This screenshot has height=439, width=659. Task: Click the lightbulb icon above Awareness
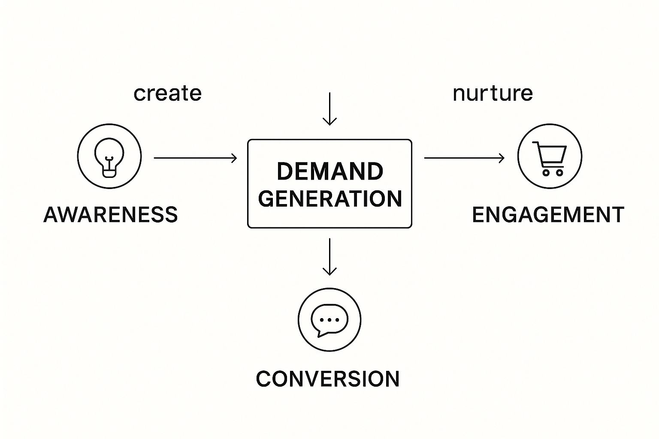pos(109,156)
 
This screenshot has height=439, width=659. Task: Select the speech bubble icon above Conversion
pos(329,320)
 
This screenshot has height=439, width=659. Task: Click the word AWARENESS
pos(111,214)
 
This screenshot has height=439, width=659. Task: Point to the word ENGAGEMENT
pos(548,214)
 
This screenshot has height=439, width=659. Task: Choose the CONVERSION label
pos(328,379)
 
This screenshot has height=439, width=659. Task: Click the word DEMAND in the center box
pos(329,171)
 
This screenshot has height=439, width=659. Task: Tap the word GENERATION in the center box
pos(330,198)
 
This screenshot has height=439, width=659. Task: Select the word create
pos(167,93)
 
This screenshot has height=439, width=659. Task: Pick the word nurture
pos(493,93)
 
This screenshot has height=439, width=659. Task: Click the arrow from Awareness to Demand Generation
pos(195,158)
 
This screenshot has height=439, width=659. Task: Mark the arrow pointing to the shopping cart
pos(464,158)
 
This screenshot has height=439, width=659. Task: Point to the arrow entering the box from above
pos(329,109)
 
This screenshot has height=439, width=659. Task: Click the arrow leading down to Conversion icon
pos(329,256)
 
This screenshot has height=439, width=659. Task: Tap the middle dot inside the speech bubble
pos(329,319)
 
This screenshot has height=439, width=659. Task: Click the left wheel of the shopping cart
pos(546,173)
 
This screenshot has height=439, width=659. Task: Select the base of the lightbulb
pos(109,172)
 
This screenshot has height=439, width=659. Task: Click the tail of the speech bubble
pos(320,334)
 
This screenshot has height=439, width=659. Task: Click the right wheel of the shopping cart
pos(559,173)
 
